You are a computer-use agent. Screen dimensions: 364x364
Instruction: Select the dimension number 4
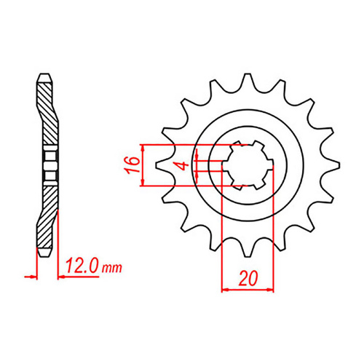point(186,165)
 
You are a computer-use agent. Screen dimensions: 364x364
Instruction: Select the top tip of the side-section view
point(45,75)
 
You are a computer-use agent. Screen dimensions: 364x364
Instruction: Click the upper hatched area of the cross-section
point(46,109)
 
